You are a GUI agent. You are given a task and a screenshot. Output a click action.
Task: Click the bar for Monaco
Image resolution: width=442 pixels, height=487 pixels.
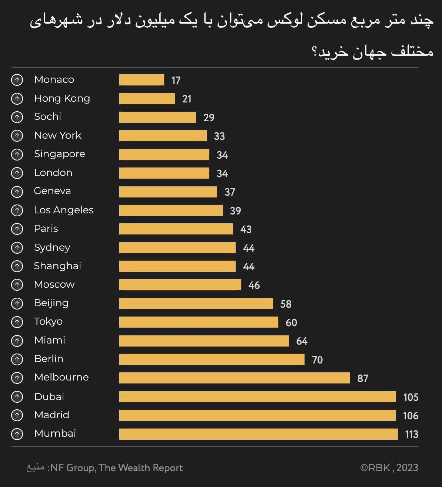(x=142, y=80)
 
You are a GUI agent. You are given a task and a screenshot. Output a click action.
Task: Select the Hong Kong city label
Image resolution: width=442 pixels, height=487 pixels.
(x=62, y=98)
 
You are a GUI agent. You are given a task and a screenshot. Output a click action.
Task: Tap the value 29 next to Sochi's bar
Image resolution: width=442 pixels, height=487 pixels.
(x=209, y=118)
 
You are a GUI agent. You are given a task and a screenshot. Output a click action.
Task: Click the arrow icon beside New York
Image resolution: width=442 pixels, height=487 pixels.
(x=17, y=136)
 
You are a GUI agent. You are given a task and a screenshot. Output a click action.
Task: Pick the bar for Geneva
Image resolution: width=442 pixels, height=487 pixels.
(x=168, y=192)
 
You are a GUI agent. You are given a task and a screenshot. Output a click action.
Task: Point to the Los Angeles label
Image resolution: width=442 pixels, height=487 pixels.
(x=64, y=210)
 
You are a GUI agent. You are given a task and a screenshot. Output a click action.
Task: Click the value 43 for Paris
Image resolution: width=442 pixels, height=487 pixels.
(x=246, y=229)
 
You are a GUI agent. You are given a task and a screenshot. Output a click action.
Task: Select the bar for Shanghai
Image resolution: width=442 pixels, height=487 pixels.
(x=177, y=266)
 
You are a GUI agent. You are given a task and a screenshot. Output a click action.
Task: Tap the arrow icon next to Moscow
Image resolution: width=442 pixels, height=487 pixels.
(x=17, y=285)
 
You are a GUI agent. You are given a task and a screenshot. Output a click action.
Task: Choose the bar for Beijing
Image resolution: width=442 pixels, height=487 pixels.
(x=196, y=304)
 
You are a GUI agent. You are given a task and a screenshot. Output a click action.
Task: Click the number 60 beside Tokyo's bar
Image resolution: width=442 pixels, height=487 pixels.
(x=291, y=322)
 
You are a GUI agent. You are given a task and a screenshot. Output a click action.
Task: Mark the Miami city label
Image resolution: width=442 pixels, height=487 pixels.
(x=50, y=340)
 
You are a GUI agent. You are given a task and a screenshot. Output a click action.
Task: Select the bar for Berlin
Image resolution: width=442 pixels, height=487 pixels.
(x=212, y=359)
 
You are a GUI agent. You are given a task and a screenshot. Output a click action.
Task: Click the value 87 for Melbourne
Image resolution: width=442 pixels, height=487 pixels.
(x=363, y=378)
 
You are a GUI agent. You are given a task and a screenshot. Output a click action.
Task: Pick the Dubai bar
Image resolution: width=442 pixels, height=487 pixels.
(x=257, y=397)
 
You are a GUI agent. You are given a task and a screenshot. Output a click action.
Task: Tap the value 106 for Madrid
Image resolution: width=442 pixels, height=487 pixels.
(x=411, y=416)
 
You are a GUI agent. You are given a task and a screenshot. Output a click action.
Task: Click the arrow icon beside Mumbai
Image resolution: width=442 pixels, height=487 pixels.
(x=17, y=434)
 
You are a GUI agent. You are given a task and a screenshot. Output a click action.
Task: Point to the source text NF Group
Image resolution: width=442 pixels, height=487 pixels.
(x=73, y=468)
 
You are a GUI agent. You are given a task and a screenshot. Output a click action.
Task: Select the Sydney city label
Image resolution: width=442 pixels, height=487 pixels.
(x=52, y=247)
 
